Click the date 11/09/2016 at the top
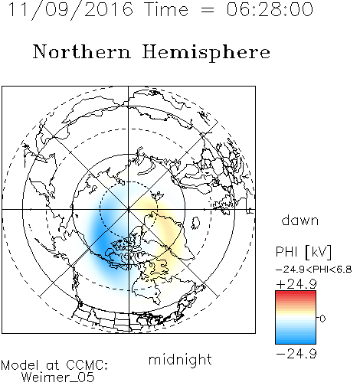pyautogui.click(x=70, y=10)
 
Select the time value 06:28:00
pyautogui.click(x=270, y=10)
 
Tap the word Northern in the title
pyautogui.click(x=82, y=51)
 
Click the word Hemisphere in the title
pyautogui.click(x=206, y=53)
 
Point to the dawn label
pyautogui.click(x=300, y=220)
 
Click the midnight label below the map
pyautogui.click(x=180, y=360)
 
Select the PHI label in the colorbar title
pyautogui.click(x=286, y=252)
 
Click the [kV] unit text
pyautogui.click(x=318, y=252)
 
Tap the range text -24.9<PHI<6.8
pyautogui.click(x=314, y=270)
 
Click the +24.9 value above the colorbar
pyautogui.click(x=296, y=284)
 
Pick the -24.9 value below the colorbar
pyautogui.click(x=296, y=354)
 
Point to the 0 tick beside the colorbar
pyautogui.click(x=322, y=319)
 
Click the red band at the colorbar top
pyautogui.click(x=296, y=294)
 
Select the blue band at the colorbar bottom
pyautogui.click(x=296, y=340)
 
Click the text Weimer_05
pyautogui.click(x=58, y=378)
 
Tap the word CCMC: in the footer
pyautogui.click(x=87, y=365)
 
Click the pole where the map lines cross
pyautogui.click(x=129, y=209)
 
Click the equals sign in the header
pyautogui.click(x=208, y=10)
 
